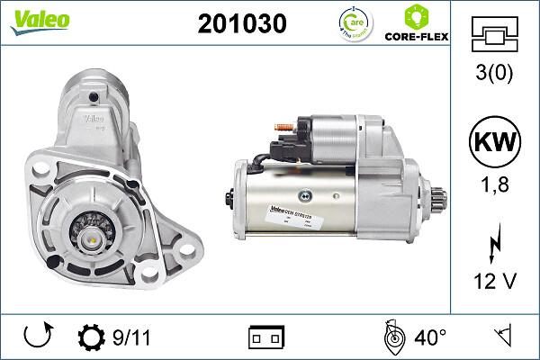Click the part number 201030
point(241,24)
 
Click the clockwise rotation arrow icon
point(35,338)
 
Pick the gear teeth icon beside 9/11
point(92,338)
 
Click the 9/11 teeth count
point(132,338)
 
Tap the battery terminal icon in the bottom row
point(265,338)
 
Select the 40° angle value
point(430,338)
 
